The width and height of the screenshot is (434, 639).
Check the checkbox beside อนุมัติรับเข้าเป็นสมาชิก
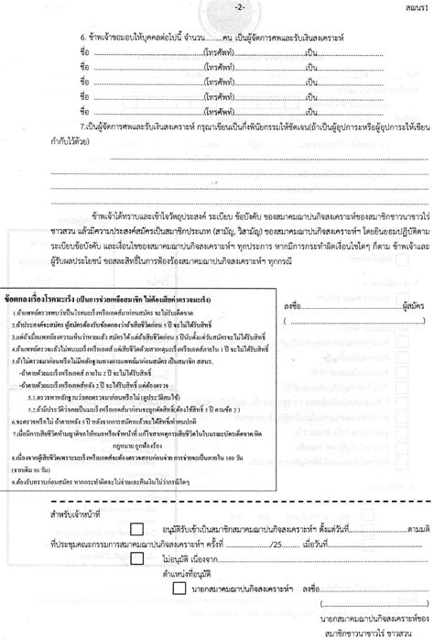pyautogui.click(x=136, y=530)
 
